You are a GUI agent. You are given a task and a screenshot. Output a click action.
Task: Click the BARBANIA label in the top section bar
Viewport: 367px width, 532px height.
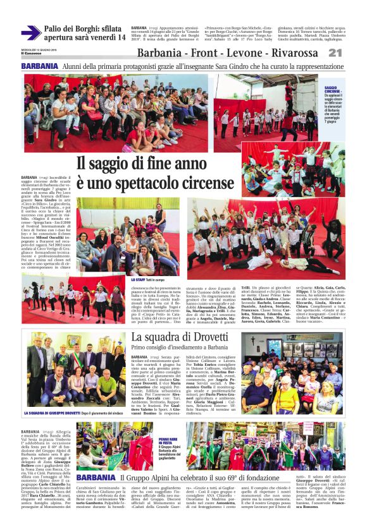[x=39, y=66]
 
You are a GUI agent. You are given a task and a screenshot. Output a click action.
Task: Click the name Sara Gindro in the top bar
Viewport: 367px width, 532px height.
[x=232, y=66]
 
